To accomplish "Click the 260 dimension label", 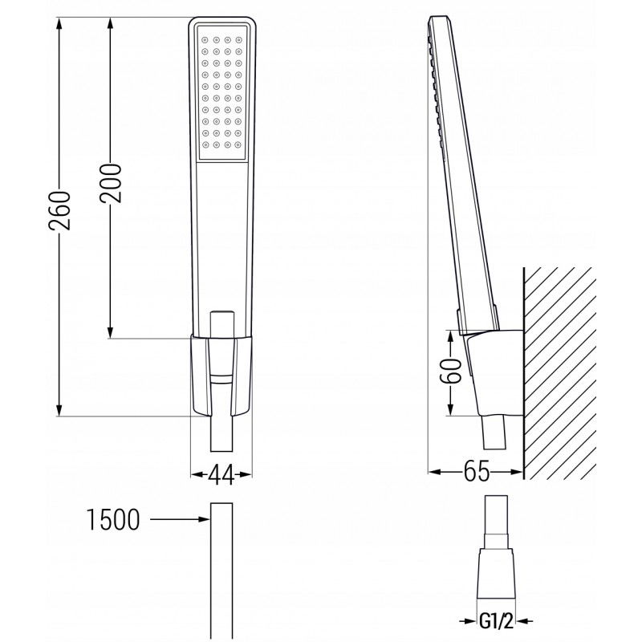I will click(x=61, y=211).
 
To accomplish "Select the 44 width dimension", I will click(x=221, y=475).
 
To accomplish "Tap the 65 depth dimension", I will click(x=477, y=472).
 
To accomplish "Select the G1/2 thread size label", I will click(x=497, y=621).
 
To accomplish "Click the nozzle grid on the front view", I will click(x=221, y=91).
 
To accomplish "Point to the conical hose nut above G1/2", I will click(x=497, y=572).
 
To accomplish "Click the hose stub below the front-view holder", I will click(x=221, y=437).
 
